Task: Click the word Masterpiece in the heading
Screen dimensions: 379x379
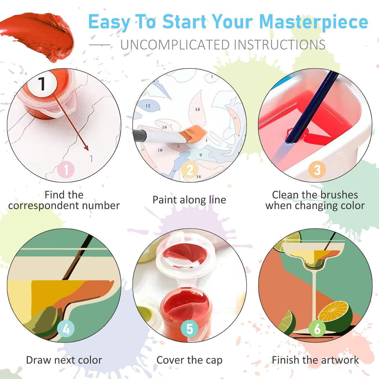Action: click(313, 22)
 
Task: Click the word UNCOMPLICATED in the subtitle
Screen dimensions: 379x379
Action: click(175, 45)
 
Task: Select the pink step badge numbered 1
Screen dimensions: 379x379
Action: click(66, 170)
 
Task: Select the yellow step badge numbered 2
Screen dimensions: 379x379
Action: click(190, 170)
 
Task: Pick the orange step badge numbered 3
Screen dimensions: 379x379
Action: click(317, 170)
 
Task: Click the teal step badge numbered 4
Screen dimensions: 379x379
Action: click(66, 328)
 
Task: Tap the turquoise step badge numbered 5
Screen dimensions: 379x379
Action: click(189, 328)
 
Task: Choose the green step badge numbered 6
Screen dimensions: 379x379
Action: click(317, 328)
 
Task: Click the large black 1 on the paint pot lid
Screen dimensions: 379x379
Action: click(42, 84)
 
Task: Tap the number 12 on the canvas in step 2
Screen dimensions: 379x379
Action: click(148, 106)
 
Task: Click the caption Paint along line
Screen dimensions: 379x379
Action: click(189, 200)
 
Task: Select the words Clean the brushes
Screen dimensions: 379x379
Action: click(315, 195)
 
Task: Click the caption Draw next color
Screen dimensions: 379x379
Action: click(64, 360)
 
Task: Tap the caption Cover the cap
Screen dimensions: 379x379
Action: click(189, 360)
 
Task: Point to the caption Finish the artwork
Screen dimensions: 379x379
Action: click(315, 360)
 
